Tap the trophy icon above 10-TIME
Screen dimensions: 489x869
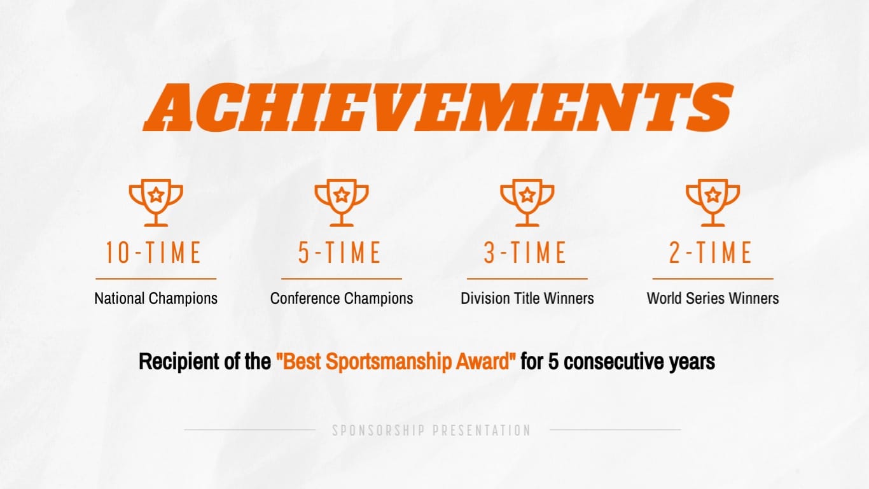pyautogui.click(x=156, y=203)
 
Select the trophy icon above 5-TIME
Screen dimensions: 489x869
pyautogui.click(x=342, y=203)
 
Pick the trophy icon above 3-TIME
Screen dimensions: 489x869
pyautogui.click(x=527, y=203)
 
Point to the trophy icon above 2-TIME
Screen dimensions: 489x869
pyautogui.click(x=713, y=203)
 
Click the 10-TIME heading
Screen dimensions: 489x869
pyautogui.click(x=153, y=253)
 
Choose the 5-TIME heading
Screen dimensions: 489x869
pyautogui.click(x=340, y=253)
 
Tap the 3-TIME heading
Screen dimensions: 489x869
pyautogui.click(x=525, y=253)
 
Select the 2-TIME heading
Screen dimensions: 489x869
pyautogui.click(x=711, y=253)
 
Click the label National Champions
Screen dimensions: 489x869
pyautogui.click(x=156, y=298)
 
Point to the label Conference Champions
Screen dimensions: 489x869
pyautogui.click(x=342, y=298)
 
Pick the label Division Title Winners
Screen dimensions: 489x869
pyautogui.click(x=527, y=298)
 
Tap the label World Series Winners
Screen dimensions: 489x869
pyautogui.click(x=713, y=298)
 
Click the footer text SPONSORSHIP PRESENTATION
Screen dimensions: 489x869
pyautogui.click(x=431, y=430)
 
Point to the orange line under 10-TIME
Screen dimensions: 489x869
pyautogui.click(x=156, y=279)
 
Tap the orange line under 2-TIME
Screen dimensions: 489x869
pyautogui.click(x=713, y=279)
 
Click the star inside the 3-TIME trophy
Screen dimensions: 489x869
pyautogui.click(x=527, y=195)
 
